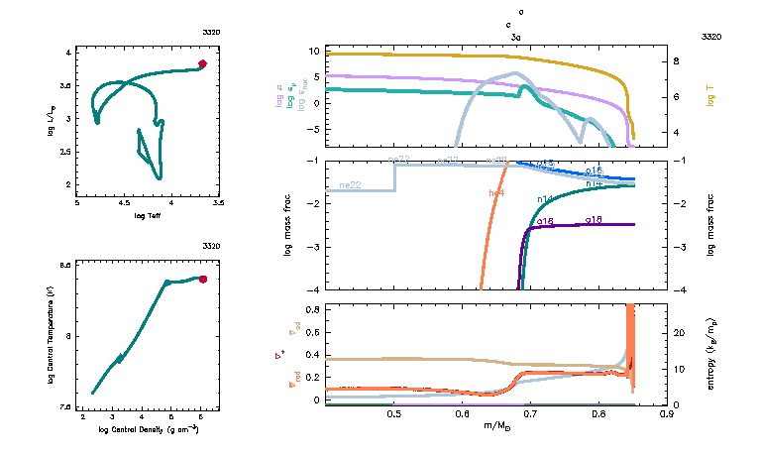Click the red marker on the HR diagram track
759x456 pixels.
point(202,63)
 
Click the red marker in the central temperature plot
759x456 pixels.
point(203,280)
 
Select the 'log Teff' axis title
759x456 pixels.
point(148,215)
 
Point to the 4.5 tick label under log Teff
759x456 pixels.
point(125,203)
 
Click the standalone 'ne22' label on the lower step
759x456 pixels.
point(349,185)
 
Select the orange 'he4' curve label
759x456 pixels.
point(497,192)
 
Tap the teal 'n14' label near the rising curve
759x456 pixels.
point(544,199)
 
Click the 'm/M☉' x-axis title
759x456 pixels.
point(496,426)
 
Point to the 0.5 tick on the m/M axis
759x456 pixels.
point(394,414)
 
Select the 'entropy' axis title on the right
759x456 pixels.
point(710,355)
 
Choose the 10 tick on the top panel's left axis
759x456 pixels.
point(313,51)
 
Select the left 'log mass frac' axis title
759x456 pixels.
point(288,225)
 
